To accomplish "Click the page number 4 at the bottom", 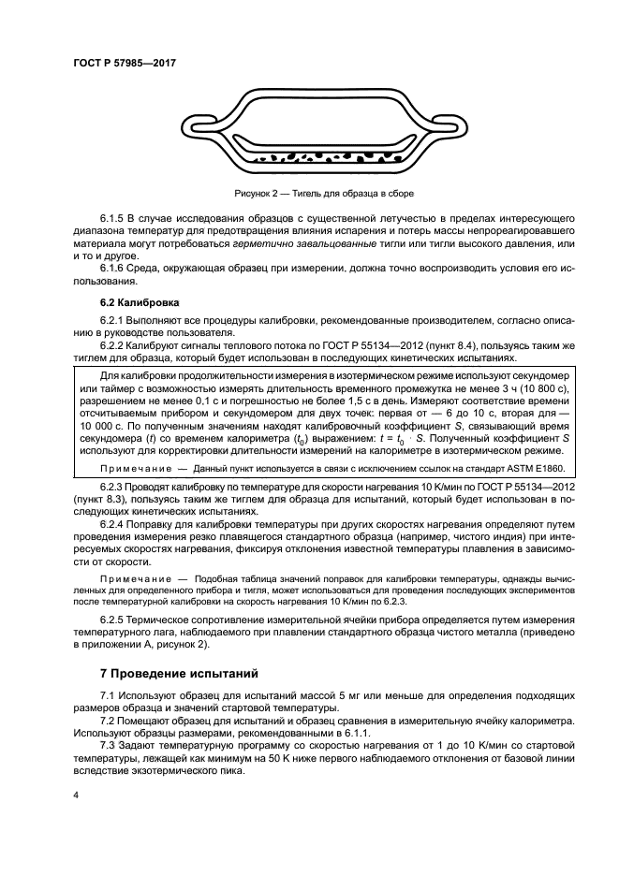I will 76,796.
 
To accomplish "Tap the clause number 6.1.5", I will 115,218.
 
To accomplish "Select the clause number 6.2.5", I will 115,620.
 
